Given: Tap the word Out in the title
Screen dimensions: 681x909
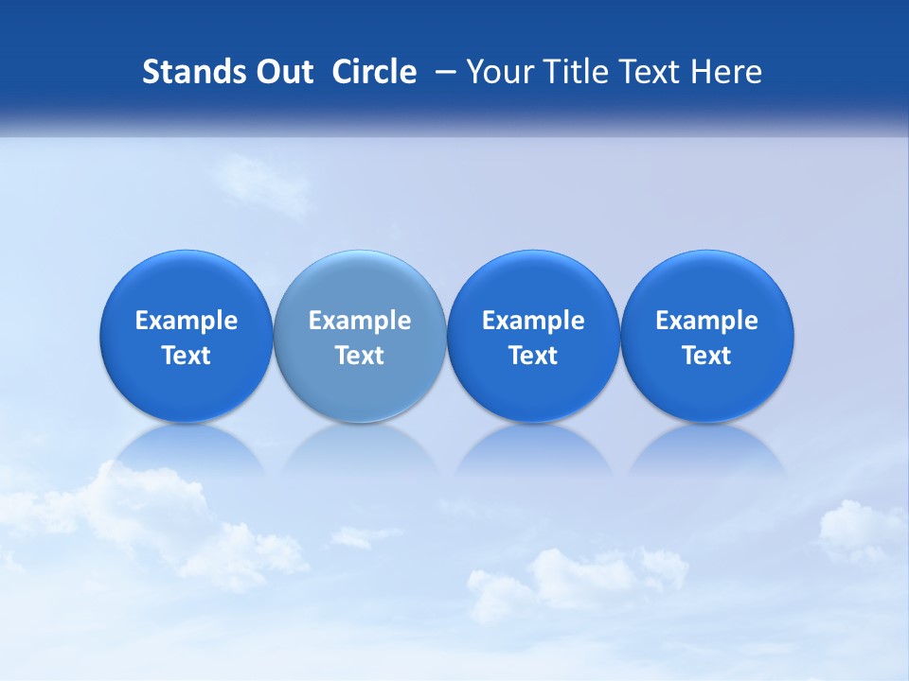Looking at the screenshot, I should click(282, 72).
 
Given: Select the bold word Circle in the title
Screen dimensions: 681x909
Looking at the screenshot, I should click(374, 72).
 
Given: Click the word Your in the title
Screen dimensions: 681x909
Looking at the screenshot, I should click(499, 72).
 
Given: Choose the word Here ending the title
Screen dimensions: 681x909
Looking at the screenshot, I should click(727, 72).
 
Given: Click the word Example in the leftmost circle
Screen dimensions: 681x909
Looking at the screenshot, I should click(187, 321).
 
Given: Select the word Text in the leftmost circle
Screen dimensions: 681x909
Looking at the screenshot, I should click(187, 356).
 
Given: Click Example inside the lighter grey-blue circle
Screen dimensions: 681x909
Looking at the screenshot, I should click(360, 321).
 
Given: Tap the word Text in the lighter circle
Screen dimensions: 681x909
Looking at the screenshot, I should click(360, 356).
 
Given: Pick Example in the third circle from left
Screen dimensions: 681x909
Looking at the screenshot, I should click(533, 321).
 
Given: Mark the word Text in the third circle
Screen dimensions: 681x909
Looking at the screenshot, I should click(533, 356).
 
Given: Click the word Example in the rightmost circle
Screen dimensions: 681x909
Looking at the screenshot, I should click(707, 321).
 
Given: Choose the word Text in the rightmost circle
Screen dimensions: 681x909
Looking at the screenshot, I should click(707, 356).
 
